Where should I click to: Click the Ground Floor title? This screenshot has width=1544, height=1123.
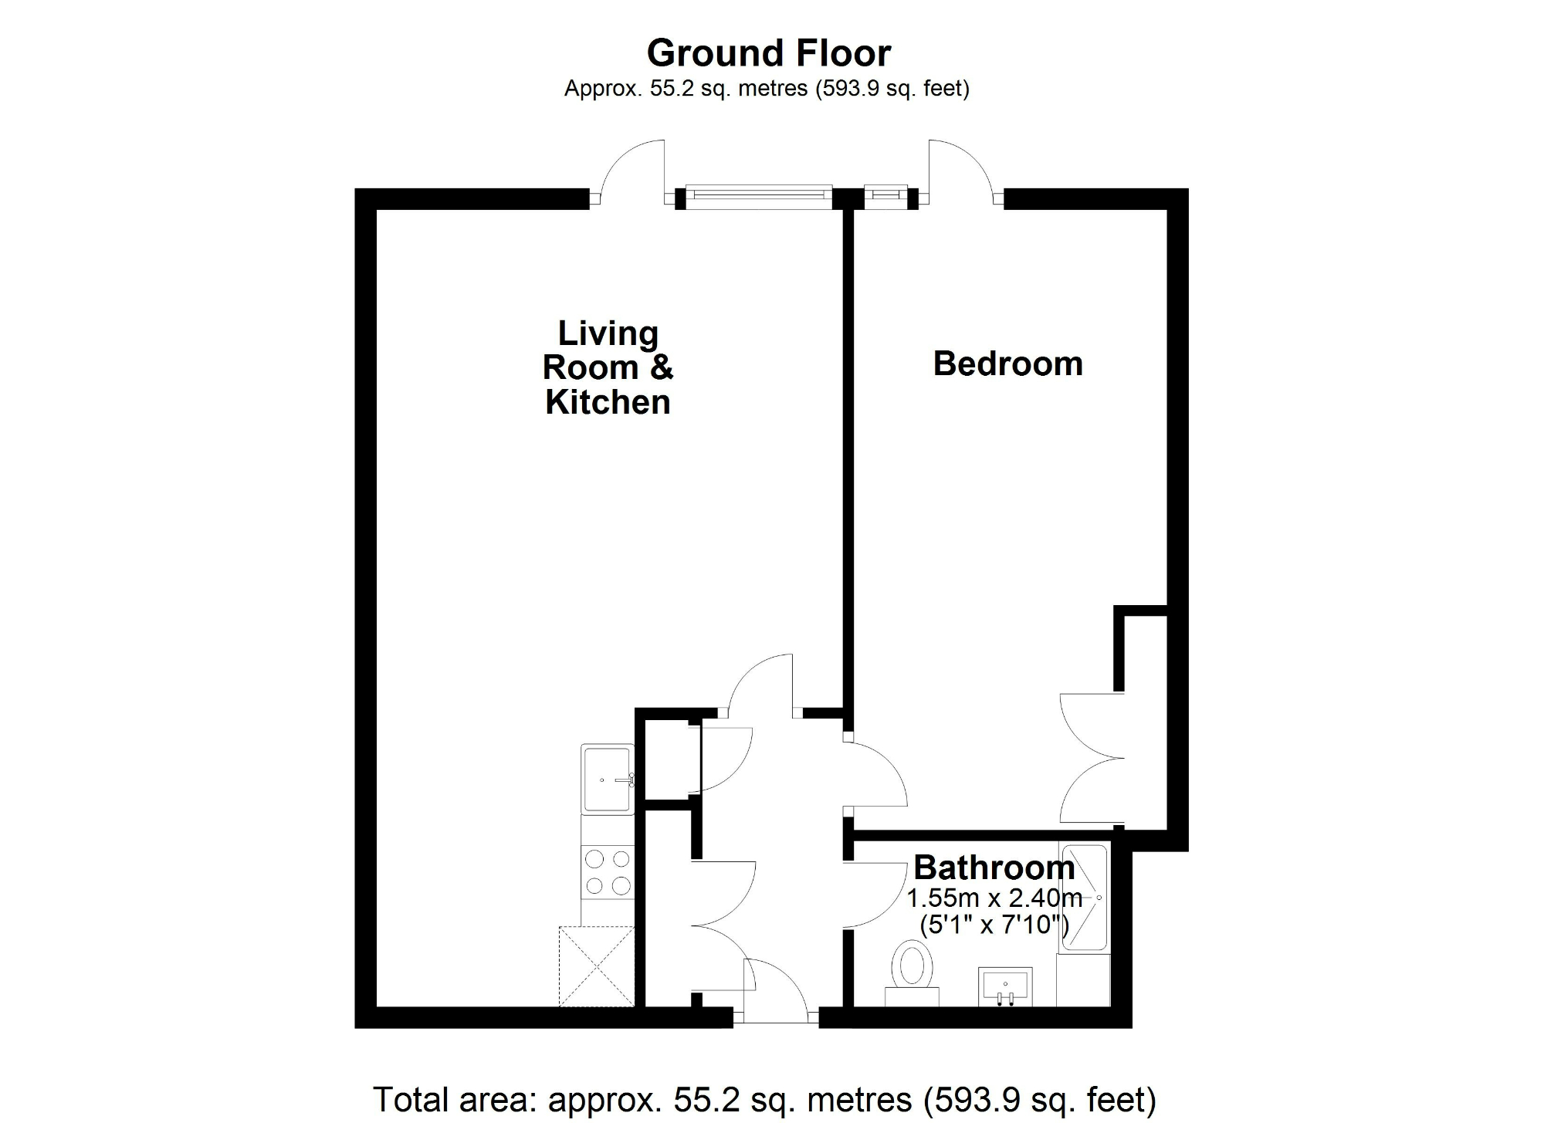[768, 53]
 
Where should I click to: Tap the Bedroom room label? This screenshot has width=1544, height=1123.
[1007, 364]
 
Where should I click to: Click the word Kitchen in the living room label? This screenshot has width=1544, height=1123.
[608, 402]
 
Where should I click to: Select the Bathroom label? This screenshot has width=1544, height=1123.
[994, 868]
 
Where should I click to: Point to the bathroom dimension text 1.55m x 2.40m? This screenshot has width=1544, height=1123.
[994, 898]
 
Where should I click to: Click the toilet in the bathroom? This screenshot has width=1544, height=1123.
[912, 969]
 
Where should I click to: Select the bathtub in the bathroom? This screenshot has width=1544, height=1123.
[1084, 899]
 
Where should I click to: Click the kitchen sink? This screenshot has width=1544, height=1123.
[608, 779]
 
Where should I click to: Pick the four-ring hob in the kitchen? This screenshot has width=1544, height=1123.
[608, 872]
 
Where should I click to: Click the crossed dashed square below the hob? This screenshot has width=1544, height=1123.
[597, 966]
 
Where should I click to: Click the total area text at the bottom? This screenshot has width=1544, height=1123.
[764, 1100]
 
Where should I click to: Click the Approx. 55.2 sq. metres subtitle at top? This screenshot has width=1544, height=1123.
[767, 89]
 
